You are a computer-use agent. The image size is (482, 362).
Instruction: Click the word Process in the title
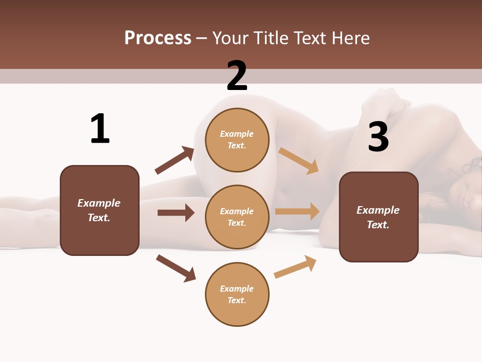[158, 38]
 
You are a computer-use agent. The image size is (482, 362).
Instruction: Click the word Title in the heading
[269, 38]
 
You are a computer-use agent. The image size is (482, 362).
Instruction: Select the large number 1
[100, 129]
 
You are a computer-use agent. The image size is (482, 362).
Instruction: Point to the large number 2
[237, 76]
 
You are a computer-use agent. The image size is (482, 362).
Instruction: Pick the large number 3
[378, 137]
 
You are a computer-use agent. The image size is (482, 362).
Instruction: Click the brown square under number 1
[99, 210]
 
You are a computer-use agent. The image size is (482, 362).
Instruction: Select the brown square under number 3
[379, 217]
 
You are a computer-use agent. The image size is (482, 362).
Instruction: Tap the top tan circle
[237, 139]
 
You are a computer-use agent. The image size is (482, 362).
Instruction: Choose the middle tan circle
[237, 217]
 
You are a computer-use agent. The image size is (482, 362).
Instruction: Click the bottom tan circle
[237, 294]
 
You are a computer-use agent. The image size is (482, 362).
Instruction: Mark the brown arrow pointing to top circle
[175, 160]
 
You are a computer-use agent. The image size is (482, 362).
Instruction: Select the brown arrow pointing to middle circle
[176, 213]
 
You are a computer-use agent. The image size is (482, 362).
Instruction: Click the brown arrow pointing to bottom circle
[176, 268]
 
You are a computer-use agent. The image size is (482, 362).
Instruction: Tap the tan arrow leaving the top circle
[299, 160]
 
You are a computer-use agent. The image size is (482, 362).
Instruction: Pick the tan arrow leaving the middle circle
[297, 212]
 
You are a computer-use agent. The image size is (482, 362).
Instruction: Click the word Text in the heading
[310, 38]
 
